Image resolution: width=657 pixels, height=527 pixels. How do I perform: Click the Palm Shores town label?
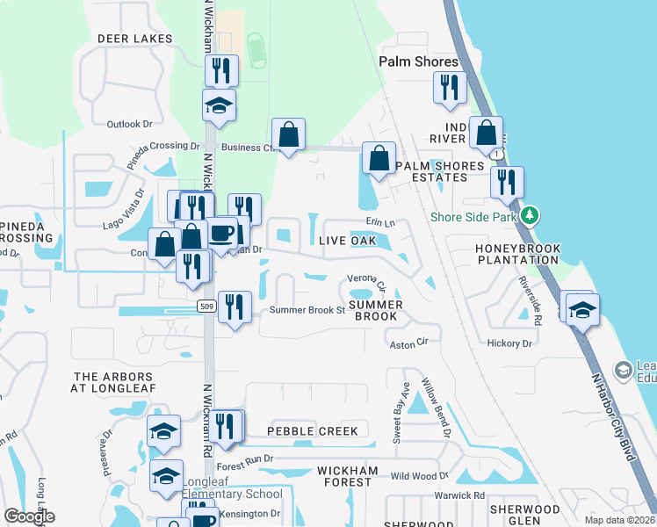pyautogui.click(x=418, y=61)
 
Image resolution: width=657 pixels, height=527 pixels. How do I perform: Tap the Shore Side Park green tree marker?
pyautogui.click(x=529, y=215)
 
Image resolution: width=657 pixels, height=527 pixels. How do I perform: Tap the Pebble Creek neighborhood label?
pyautogui.click(x=313, y=431)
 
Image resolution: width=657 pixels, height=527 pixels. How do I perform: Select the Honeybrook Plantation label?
pyautogui.click(x=517, y=254)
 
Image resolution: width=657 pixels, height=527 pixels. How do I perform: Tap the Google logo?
pyautogui.click(x=29, y=516)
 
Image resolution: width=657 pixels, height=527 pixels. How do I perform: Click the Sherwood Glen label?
pyautogui.click(x=524, y=516)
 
